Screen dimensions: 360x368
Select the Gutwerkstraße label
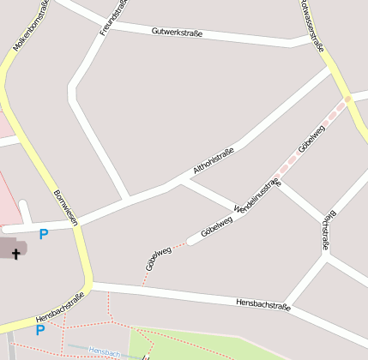[x=177, y=33]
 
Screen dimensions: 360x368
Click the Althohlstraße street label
[x=214, y=162]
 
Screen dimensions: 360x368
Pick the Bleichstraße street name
[x=325, y=231]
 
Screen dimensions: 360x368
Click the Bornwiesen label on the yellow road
[x=65, y=207]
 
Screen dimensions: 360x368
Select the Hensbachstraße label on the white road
[x=263, y=303]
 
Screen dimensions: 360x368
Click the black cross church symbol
[x=15, y=254]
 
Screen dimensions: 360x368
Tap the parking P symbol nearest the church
[x=43, y=234]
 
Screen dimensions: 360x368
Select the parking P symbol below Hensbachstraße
[x=39, y=330]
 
